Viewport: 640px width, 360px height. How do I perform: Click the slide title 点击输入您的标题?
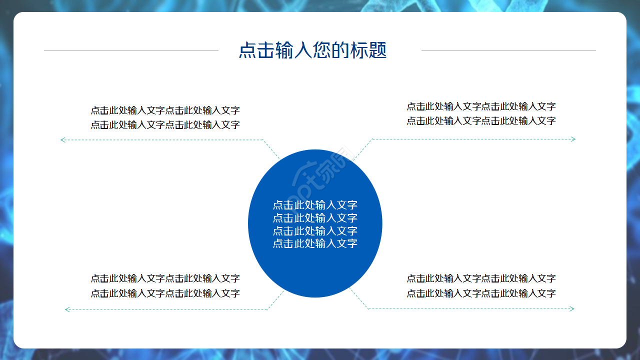click(313, 50)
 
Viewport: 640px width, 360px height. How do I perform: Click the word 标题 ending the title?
click(368, 50)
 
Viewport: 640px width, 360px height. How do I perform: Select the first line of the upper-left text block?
click(165, 110)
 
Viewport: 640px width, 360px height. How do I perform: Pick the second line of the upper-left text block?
click(165, 125)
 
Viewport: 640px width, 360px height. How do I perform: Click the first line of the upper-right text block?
click(481, 106)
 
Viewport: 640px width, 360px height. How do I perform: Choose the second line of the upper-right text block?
click(481, 121)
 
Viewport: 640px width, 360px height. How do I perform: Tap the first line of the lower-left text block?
click(165, 278)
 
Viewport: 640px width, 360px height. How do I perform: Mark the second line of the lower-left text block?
click(165, 293)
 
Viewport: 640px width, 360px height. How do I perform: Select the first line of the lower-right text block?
click(481, 278)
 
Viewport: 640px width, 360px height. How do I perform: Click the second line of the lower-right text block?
click(481, 293)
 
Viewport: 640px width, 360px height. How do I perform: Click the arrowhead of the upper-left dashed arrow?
click(62, 140)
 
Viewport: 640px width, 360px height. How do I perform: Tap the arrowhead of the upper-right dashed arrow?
click(573, 139)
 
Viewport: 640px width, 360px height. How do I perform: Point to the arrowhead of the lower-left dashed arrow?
click(67, 309)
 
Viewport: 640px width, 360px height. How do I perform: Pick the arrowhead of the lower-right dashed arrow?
click(572, 309)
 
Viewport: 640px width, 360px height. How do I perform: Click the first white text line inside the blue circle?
click(315, 205)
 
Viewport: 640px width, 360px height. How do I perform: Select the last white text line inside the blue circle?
click(315, 243)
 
